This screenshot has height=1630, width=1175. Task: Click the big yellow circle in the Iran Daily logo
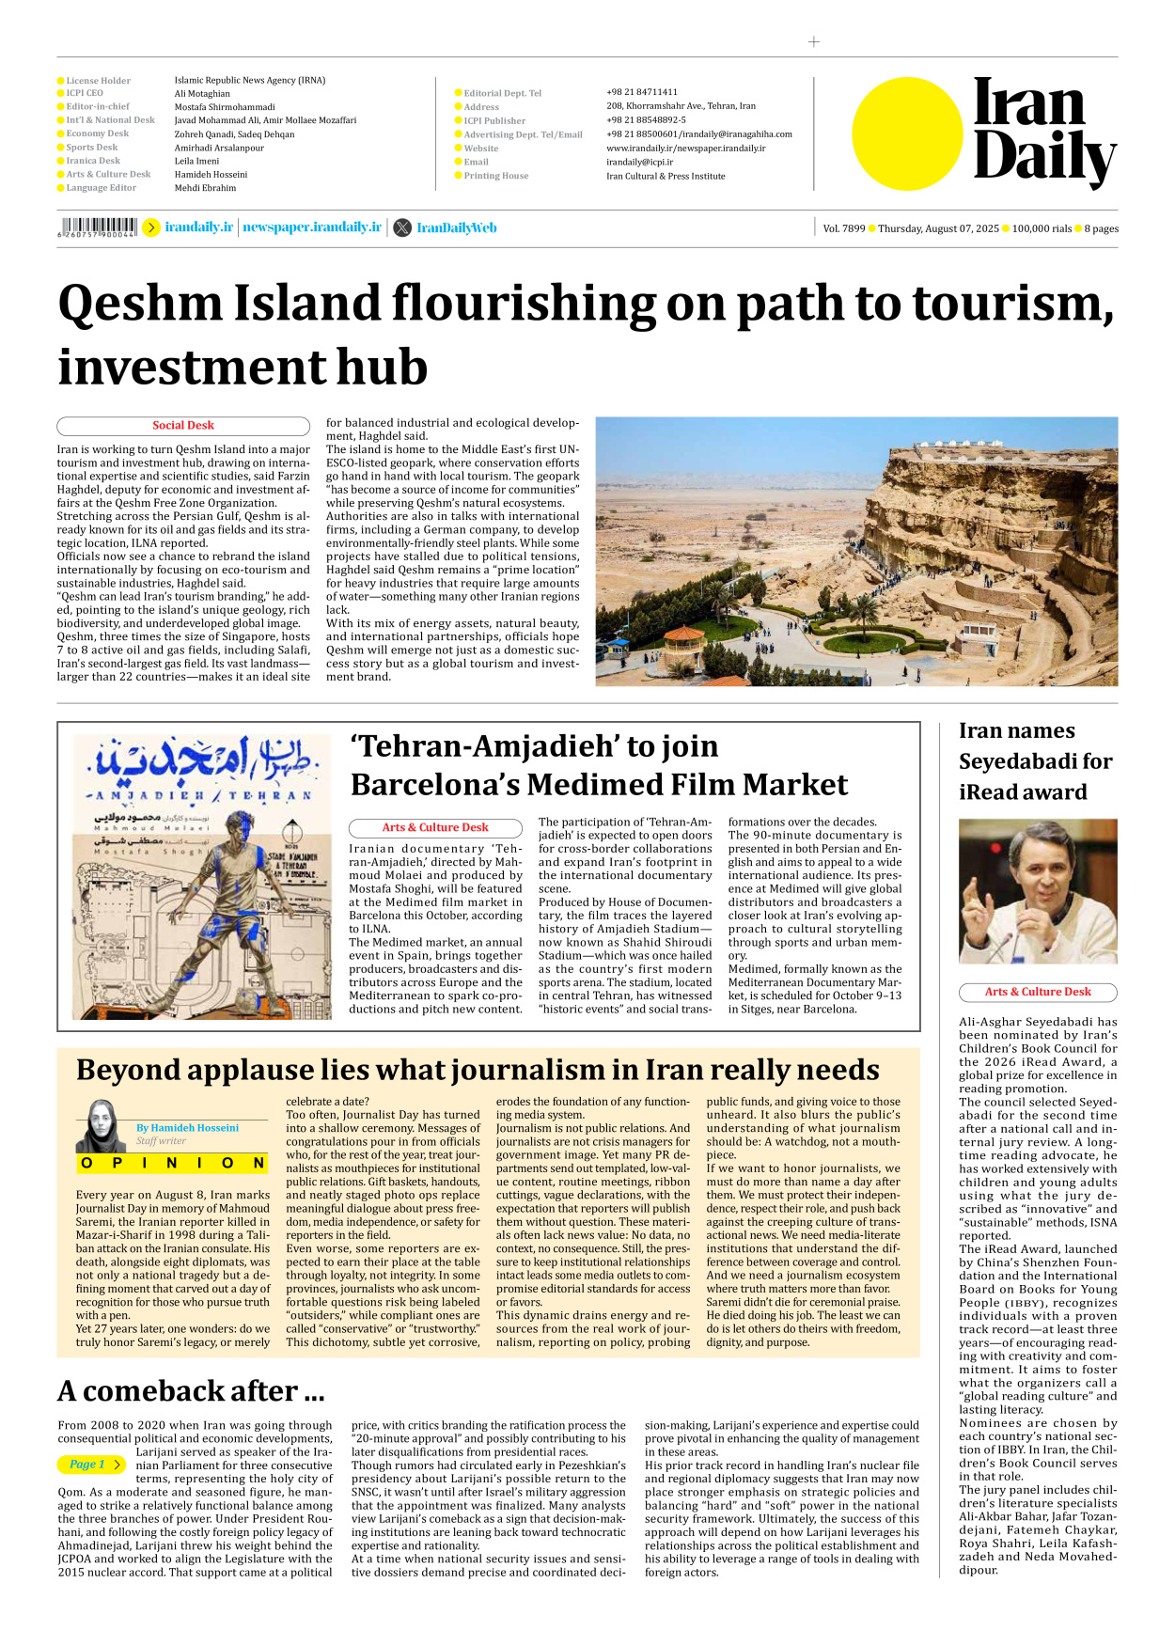(x=906, y=133)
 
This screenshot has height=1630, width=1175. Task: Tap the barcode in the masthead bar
(x=99, y=227)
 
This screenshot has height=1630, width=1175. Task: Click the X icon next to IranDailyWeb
(x=402, y=227)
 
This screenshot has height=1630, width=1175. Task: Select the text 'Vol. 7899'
(x=843, y=228)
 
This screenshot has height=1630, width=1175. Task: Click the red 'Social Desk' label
(x=183, y=426)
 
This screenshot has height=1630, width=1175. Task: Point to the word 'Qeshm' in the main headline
(x=139, y=305)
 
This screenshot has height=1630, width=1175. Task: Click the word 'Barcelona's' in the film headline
(x=433, y=785)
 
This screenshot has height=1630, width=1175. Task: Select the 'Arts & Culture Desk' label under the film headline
(x=435, y=828)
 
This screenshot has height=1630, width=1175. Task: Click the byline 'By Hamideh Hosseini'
(x=187, y=1128)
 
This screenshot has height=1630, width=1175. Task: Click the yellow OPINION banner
(x=172, y=1163)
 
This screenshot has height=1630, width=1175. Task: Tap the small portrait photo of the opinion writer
(x=100, y=1125)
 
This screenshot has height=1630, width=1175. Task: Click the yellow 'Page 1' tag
(x=90, y=1465)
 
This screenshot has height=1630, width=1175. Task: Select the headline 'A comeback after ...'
(x=191, y=1391)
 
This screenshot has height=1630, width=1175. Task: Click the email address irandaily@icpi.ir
(x=639, y=162)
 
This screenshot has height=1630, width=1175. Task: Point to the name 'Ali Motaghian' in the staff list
(x=201, y=94)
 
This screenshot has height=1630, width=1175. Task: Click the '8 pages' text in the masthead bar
(x=1101, y=228)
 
